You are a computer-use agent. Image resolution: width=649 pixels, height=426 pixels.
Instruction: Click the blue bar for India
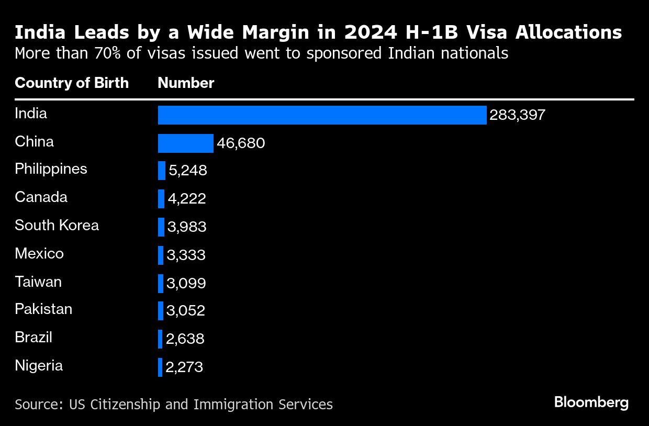pos(322,115)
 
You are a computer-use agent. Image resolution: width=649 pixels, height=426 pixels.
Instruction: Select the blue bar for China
pos(185,143)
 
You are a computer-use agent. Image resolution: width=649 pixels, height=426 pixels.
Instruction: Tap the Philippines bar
pos(162,171)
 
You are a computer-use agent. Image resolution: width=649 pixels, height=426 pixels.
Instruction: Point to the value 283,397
pos(517,115)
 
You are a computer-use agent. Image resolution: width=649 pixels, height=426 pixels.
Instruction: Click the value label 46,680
pos(241,143)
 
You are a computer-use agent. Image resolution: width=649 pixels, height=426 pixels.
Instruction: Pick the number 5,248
pos(188,171)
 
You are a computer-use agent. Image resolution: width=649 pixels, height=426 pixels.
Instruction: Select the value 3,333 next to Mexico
pos(186,255)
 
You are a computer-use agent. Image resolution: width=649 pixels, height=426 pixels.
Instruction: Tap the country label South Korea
pos(57,225)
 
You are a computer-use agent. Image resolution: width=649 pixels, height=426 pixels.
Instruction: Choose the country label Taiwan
pos(38,282)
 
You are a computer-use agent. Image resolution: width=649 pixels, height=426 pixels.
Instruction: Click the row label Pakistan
pos(43,309)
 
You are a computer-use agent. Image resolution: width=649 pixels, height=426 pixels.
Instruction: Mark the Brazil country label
pos(33,337)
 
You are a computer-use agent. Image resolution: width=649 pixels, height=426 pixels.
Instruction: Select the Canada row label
pos(41,197)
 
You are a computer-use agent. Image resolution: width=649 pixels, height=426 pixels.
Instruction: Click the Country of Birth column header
pos(72,83)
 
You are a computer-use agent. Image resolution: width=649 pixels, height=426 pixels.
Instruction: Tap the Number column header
pos(186,83)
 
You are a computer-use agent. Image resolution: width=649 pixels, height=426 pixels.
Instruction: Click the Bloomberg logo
pos(591,402)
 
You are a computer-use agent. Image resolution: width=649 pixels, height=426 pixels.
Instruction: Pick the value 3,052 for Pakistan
pos(185,311)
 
